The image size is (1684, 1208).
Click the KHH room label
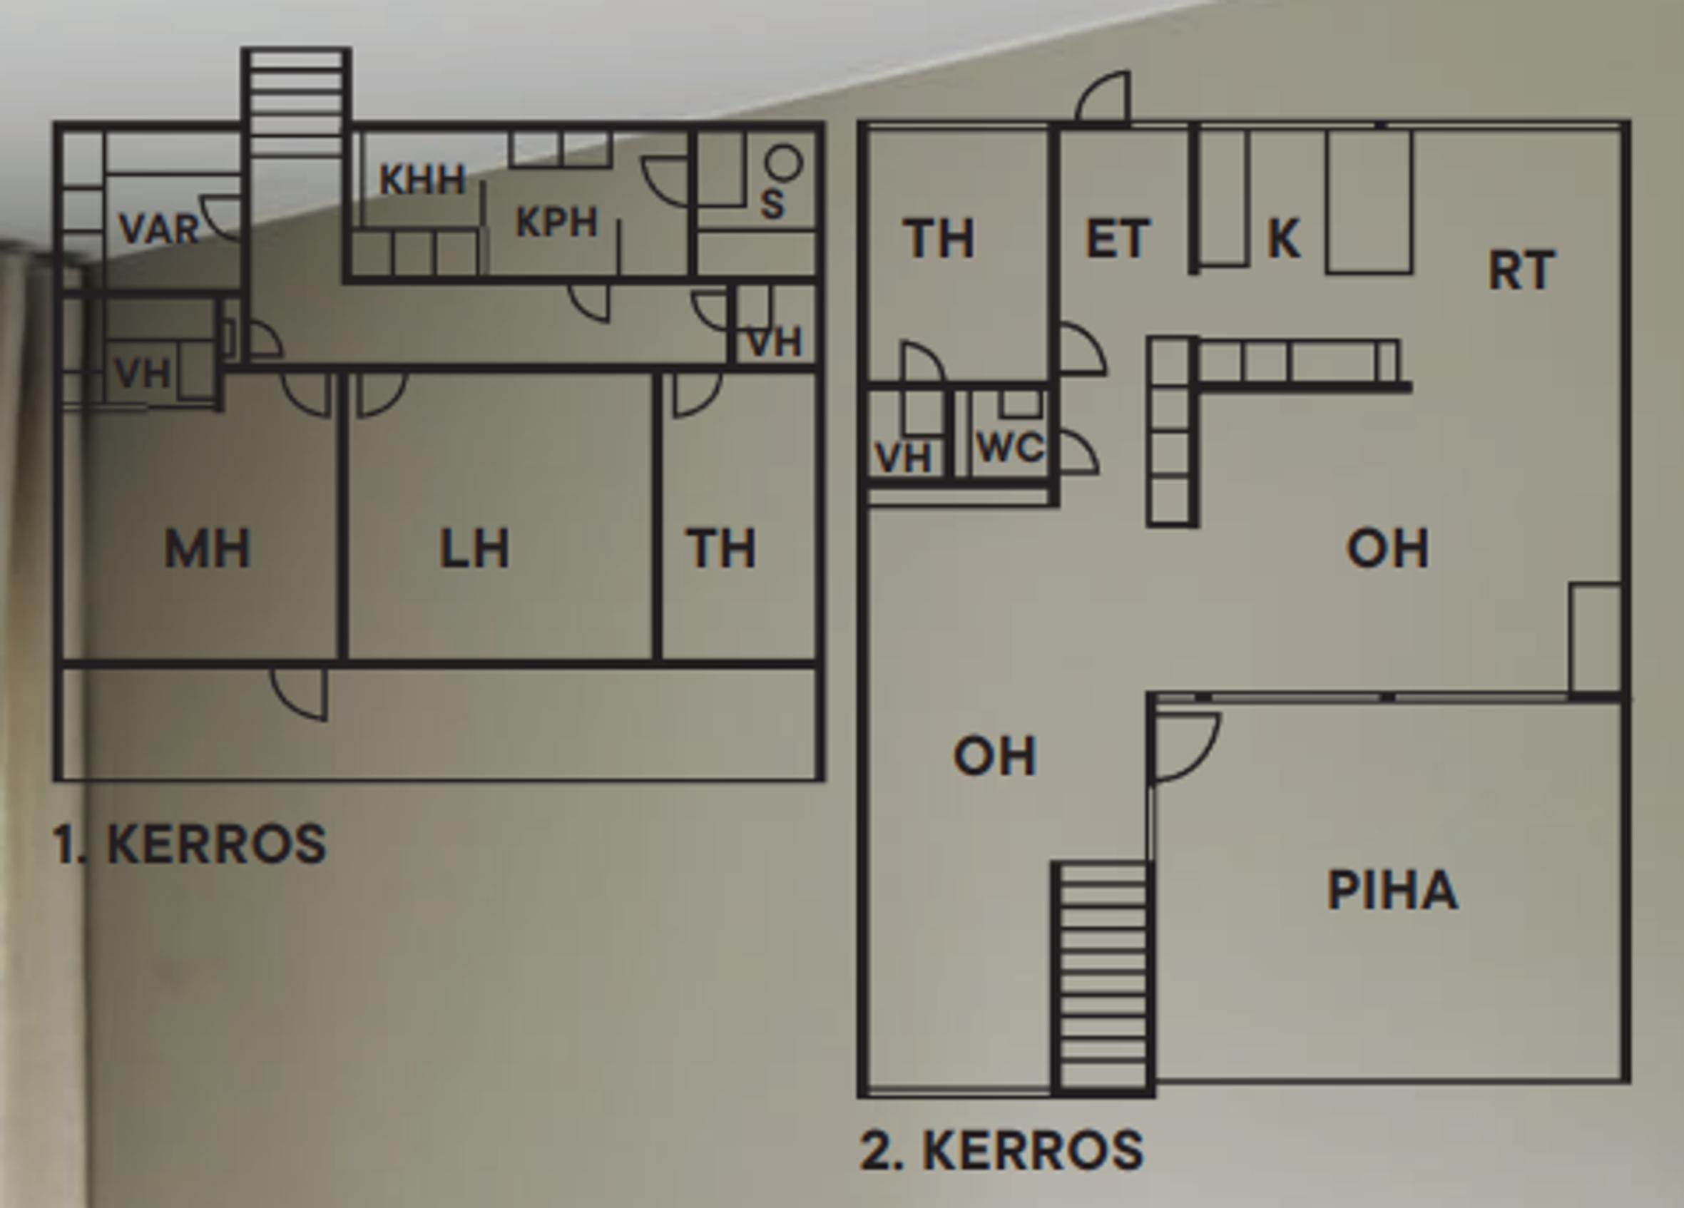(x=422, y=180)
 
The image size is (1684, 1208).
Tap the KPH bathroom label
(x=557, y=222)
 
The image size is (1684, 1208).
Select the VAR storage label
(x=160, y=229)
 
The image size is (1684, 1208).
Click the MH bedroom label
(x=207, y=548)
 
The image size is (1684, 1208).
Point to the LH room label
(x=474, y=548)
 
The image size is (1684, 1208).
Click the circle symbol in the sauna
(x=783, y=163)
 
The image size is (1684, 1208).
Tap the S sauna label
(x=772, y=204)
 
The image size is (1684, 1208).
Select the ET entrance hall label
(x=1118, y=238)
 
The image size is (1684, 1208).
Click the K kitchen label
(x=1284, y=237)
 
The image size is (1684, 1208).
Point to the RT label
(x=1521, y=270)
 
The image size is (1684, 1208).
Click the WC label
(x=1011, y=448)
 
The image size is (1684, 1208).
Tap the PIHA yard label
(x=1392, y=889)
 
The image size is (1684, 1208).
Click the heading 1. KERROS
(x=189, y=844)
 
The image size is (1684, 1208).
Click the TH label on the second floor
(x=939, y=238)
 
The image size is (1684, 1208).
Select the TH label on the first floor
(x=721, y=548)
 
